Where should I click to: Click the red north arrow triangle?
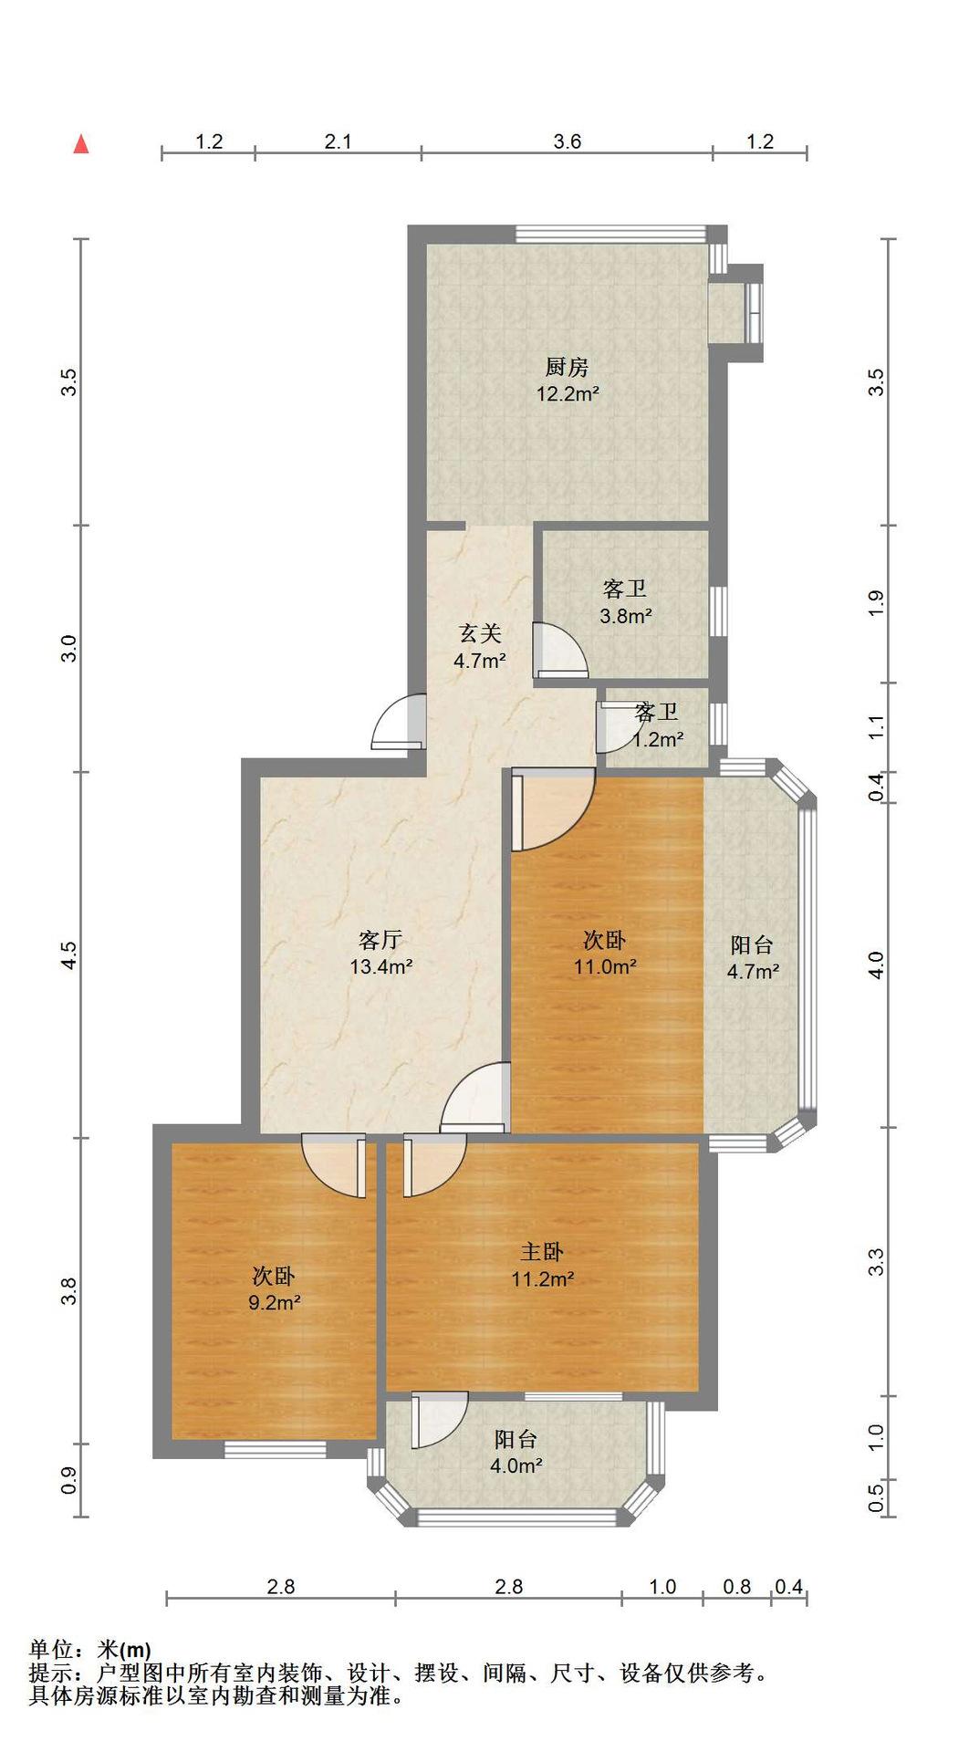(81, 144)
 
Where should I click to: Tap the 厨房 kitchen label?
(567, 368)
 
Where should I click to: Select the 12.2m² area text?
(567, 394)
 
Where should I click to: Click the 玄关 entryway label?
(480, 633)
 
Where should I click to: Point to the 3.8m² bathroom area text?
(626, 616)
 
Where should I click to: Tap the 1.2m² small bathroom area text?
(658, 739)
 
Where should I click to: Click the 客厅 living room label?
(381, 940)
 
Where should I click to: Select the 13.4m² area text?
(381, 966)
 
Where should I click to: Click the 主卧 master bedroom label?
(542, 1252)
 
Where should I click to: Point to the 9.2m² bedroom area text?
(275, 1302)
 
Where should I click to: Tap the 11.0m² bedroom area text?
(605, 966)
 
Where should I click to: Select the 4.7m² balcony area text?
(753, 972)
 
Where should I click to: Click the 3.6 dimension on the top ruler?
(567, 141)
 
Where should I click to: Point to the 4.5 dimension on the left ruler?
(69, 954)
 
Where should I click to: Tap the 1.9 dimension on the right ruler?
(876, 604)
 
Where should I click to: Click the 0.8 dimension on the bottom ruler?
(737, 1587)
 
